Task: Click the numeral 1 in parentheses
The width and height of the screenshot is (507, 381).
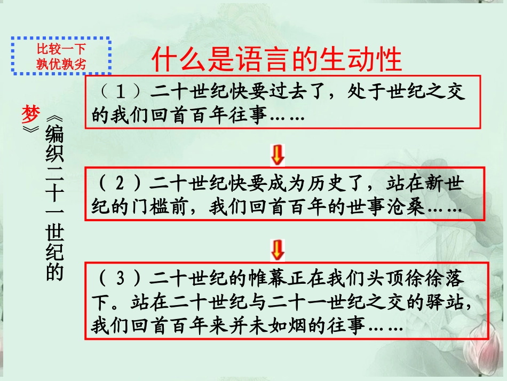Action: click(121, 92)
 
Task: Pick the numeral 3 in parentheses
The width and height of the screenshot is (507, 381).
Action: click(121, 278)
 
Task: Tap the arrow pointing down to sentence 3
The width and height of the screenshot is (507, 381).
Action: click(278, 249)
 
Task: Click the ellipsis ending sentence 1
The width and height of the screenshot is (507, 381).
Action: click(288, 116)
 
